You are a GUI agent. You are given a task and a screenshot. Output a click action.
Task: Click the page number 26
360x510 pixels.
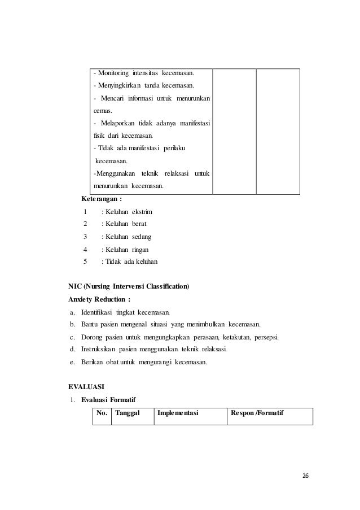click(x=305, y=476)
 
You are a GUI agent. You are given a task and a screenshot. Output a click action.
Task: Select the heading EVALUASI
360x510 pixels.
click(x=86, y=387)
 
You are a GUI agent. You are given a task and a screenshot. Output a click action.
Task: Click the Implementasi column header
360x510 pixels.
click(x=178, y=413)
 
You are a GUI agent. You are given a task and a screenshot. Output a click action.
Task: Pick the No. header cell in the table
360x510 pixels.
click(x=102, y=413)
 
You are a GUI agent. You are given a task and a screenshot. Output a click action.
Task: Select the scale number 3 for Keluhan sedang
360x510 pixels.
click(x=85, y=237)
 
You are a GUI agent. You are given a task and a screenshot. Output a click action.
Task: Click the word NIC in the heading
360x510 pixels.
click(x=74, y=287)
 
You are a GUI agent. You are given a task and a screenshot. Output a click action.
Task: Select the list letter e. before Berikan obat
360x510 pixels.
click(x=72, y=362)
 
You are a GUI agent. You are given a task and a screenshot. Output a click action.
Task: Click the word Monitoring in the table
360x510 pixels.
click(x=113, y=73)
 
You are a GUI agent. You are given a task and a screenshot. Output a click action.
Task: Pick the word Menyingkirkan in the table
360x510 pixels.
click(x=117, y=85)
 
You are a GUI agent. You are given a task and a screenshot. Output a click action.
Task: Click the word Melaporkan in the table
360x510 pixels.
click(x=118, y=124)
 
